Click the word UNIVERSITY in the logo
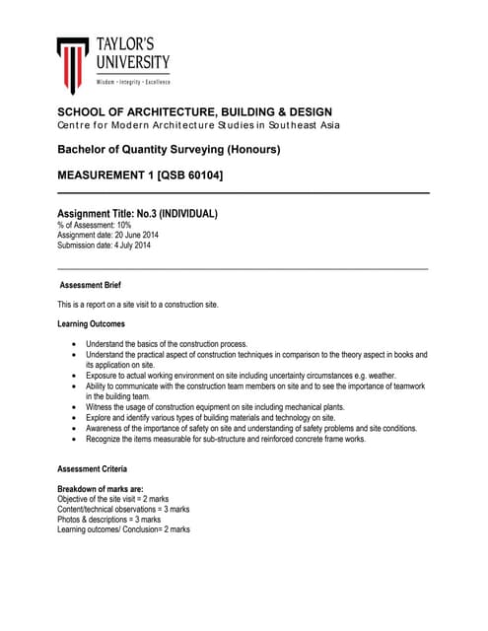pos(133,63)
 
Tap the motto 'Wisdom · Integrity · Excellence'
pos(132,81)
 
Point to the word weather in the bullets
pos(376,376)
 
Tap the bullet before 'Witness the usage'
pos(75,407)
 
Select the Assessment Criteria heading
pos(92,469)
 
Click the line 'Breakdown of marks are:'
pos(104,490)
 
